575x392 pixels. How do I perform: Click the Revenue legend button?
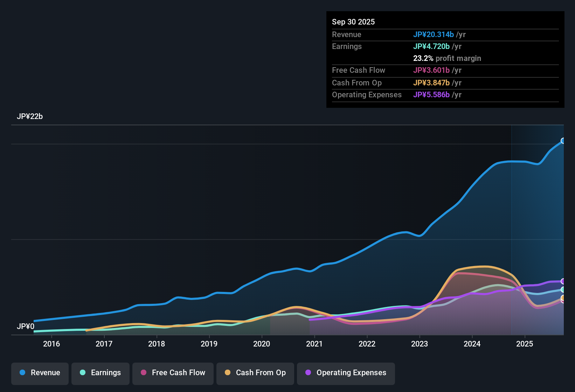40,373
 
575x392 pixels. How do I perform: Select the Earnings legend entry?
101,373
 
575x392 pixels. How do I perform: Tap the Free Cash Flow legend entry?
173,373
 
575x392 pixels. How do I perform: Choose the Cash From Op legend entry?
255,373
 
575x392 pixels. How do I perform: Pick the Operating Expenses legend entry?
346,373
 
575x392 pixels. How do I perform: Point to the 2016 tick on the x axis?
51,344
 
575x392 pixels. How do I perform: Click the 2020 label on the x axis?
262,344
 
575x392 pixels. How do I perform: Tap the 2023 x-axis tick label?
420,344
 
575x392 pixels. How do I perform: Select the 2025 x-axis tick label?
525,344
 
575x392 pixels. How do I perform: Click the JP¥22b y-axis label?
30,117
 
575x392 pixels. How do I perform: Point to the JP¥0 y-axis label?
26,327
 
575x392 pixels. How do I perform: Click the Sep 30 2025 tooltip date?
353,22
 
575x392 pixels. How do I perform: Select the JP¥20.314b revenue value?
433,35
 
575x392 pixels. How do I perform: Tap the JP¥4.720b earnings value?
431,47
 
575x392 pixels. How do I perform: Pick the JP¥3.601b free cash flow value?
431,70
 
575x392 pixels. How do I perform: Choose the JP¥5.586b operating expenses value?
431,95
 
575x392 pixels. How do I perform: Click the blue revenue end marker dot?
563,141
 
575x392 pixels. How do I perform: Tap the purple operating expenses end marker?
563,281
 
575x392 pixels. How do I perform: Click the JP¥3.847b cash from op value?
431,83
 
